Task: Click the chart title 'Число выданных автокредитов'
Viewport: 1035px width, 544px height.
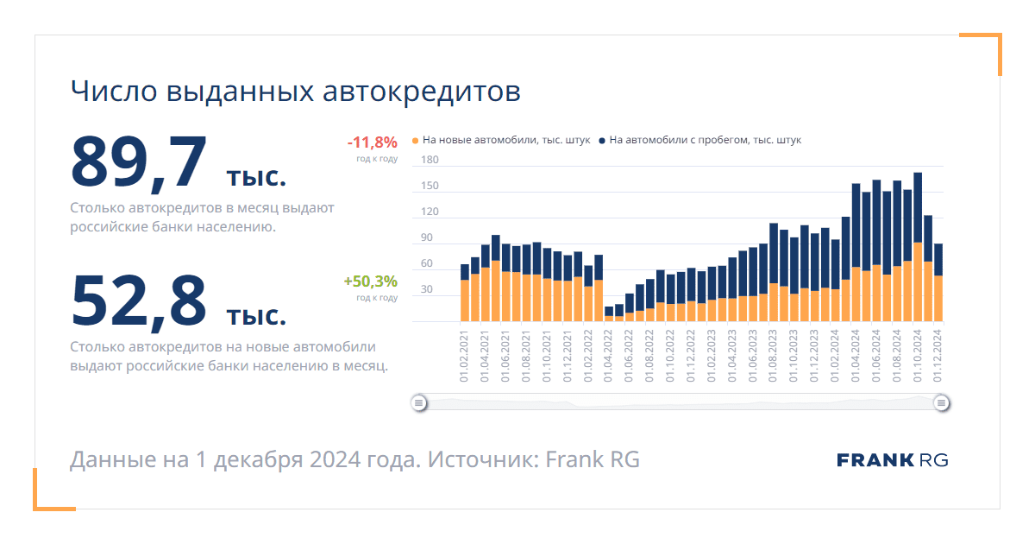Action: [x=295, y=92]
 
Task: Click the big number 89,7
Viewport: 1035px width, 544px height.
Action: [x=139, y=161]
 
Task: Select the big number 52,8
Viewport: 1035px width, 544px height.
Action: [x=139, y=300]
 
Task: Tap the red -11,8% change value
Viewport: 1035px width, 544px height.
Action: [x=372, y=142]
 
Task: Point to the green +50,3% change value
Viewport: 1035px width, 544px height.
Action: [x=370, y=281]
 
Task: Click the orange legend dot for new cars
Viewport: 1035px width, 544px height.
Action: [x=416, y=140]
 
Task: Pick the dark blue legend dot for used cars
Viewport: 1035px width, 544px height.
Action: [x=602, y=140]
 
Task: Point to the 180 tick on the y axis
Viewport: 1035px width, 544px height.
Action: [x=430, y=161]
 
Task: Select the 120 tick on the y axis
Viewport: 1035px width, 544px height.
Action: [x=430, y=212]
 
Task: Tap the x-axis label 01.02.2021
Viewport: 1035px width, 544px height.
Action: [x=465, y=360]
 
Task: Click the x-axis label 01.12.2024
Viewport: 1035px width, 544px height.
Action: [x=938, y=360]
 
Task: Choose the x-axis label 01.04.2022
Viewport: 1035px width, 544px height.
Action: [x=609, y=360]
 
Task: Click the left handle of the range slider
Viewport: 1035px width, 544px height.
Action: [x=418, y=402]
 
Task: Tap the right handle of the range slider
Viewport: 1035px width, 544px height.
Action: [x=942, y=402]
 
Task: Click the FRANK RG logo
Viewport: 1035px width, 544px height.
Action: [x=892, y=460]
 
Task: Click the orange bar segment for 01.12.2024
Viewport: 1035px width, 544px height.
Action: [x=938, y=299]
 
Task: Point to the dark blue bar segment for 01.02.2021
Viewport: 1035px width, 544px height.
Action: [x=465, y=272]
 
